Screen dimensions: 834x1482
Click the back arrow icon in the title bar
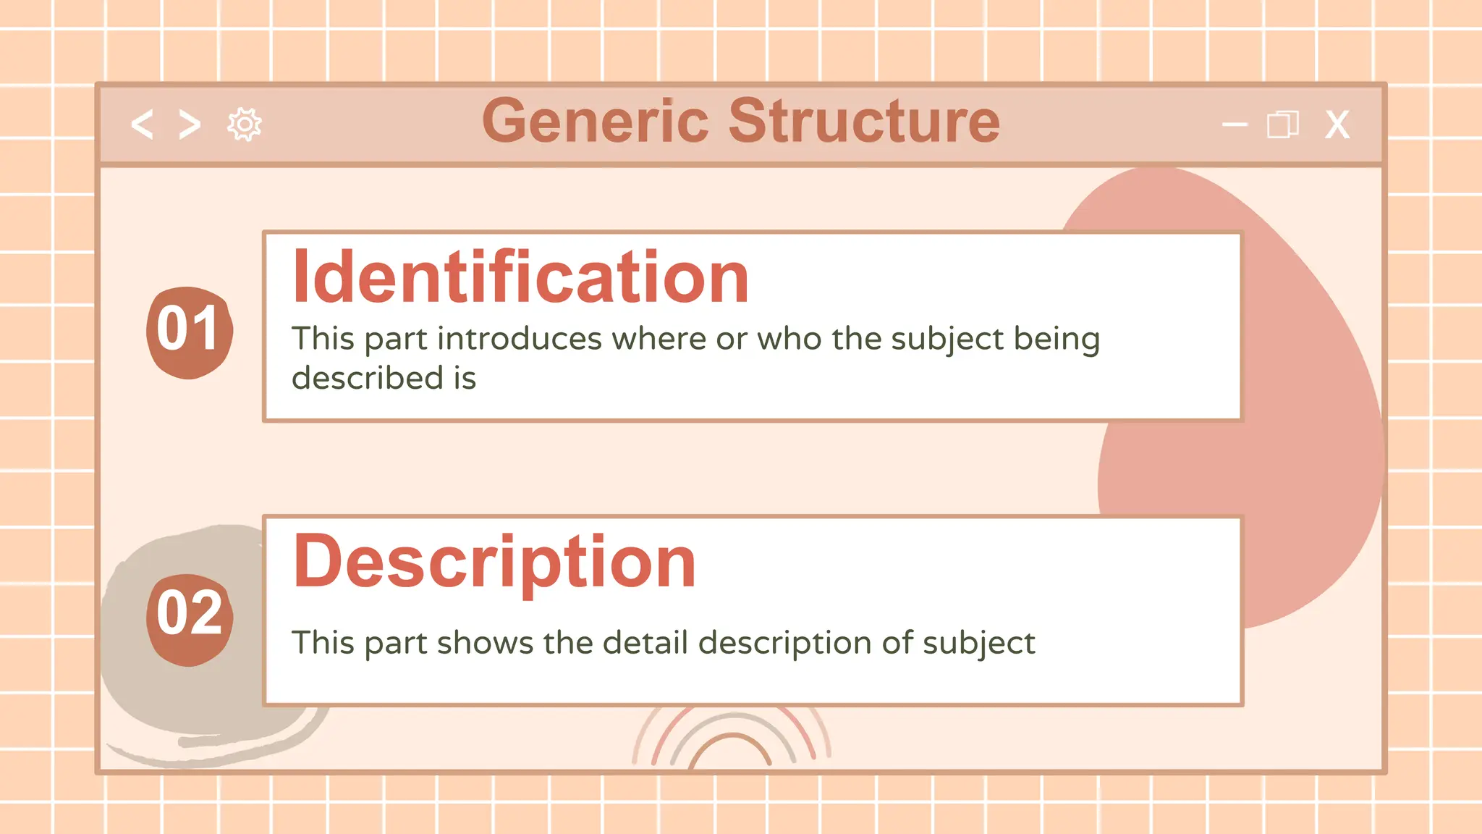tap(142, 125)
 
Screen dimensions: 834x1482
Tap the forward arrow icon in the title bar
tap(190, 125)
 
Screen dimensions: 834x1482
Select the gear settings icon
tap(245, 125)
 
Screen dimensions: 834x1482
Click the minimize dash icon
tap(1235, 125)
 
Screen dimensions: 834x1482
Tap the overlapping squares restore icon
tap(1282, 125)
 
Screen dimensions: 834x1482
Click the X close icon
tap(1337, 125)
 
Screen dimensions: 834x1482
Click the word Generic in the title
tap(595, 121)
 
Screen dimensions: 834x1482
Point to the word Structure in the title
tap(864, 121)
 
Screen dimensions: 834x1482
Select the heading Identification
tap(520, 277)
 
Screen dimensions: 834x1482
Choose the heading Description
tap(494, 563)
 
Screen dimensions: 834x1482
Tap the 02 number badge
tap(189, 617)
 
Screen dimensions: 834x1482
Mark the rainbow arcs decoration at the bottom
tap(732, 738)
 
